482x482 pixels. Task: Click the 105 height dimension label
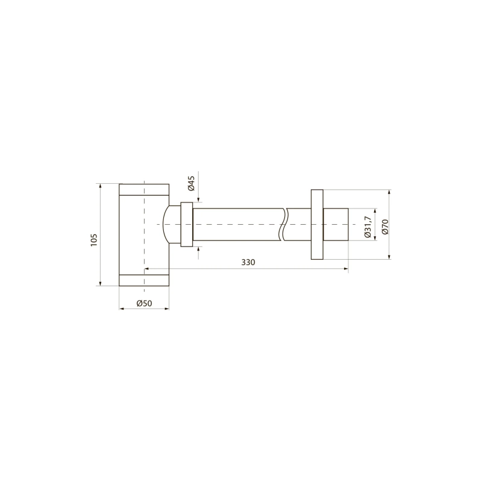(94, 240)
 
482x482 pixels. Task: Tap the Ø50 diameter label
(144, 304)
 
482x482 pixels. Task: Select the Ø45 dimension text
(191, 183)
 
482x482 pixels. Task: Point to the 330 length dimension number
(248, 262)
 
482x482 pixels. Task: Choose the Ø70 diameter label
(385, 227)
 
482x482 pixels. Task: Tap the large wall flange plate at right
(317, 224)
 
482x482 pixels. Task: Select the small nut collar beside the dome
(187, 224)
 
